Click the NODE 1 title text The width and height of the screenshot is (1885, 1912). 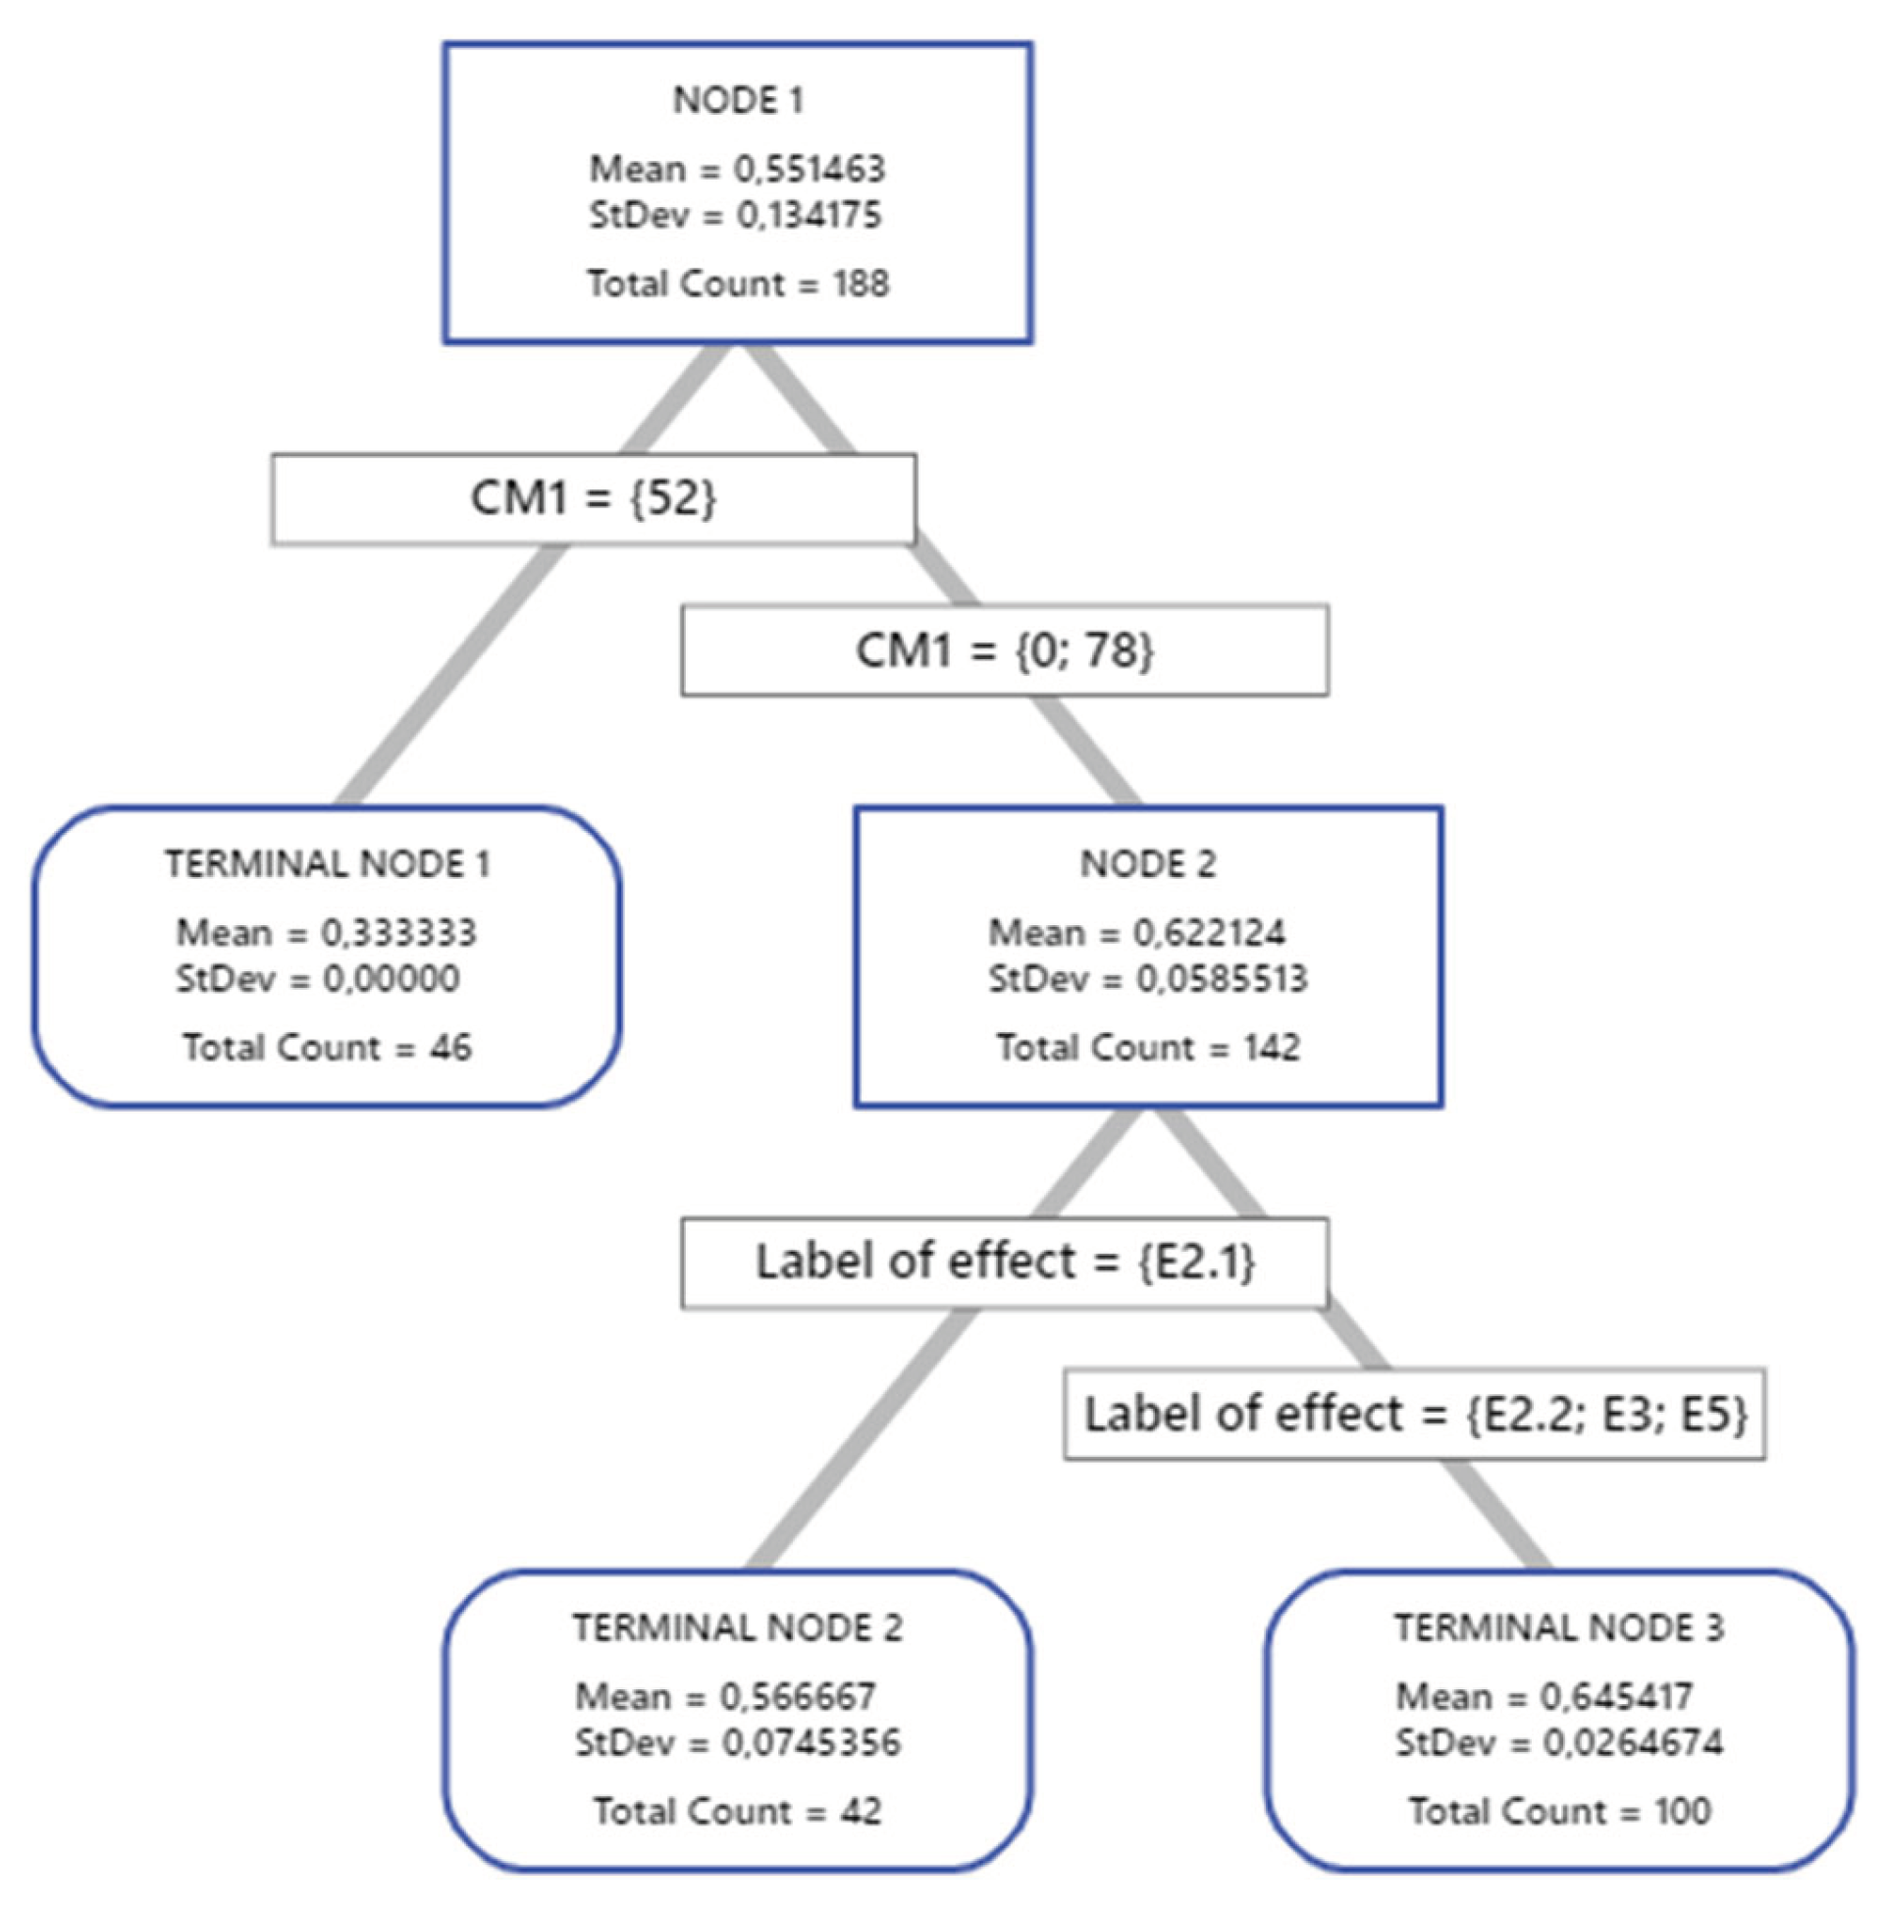tap(738, 100)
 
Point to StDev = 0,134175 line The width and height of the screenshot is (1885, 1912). tap(736, 215)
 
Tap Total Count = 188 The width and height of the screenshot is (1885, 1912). tap(738, 284)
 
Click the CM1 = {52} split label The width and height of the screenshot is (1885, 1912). tap(593, 497)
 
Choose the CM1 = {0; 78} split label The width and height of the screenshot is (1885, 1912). tap(1004, 650)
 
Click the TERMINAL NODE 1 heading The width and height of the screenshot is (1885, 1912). tap(327, 864)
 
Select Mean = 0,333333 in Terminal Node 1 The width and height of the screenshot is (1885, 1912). tap(327, 932)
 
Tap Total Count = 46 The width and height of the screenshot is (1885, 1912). tap(327, 1047)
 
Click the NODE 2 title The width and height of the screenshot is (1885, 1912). tap(1147, 864)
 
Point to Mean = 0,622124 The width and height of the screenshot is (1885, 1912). tap(1136, 932)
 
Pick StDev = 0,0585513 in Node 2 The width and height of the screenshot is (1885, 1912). tap(1147, 979)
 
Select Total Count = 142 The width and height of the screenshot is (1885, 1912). tap(1147, 1047)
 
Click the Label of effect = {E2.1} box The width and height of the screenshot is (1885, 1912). tap(1004, 1262)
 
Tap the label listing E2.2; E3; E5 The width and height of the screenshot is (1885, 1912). tap(1415, 1414)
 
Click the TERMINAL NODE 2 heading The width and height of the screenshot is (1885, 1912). tap(738, 1628)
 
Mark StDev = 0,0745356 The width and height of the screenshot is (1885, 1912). tap(738, 1741)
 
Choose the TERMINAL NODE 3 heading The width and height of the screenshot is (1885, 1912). tap(1559, 1628)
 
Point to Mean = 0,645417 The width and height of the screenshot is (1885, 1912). tap(1545, 1696)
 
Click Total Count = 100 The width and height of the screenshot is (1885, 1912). tap(1559, 1811)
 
